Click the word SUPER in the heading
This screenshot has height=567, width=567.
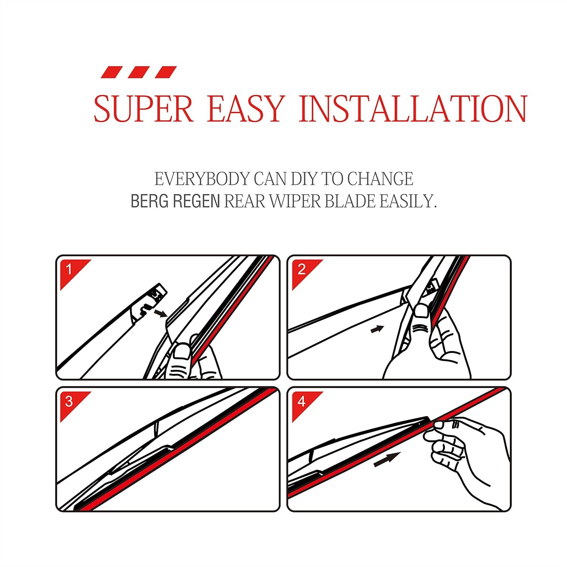click(x=144, y=109)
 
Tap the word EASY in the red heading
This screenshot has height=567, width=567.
click(x=245, y=109)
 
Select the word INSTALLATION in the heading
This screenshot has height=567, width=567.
click(x=413, y=109)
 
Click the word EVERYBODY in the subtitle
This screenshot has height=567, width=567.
click(x=202, y=179)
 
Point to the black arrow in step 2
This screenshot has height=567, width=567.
click(x=377, y=329)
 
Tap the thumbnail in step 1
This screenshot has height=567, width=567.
click(x=183, y=353)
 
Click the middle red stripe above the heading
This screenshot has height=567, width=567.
click(x=140, y=72)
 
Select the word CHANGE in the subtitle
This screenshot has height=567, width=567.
click(x=380, y=179)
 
